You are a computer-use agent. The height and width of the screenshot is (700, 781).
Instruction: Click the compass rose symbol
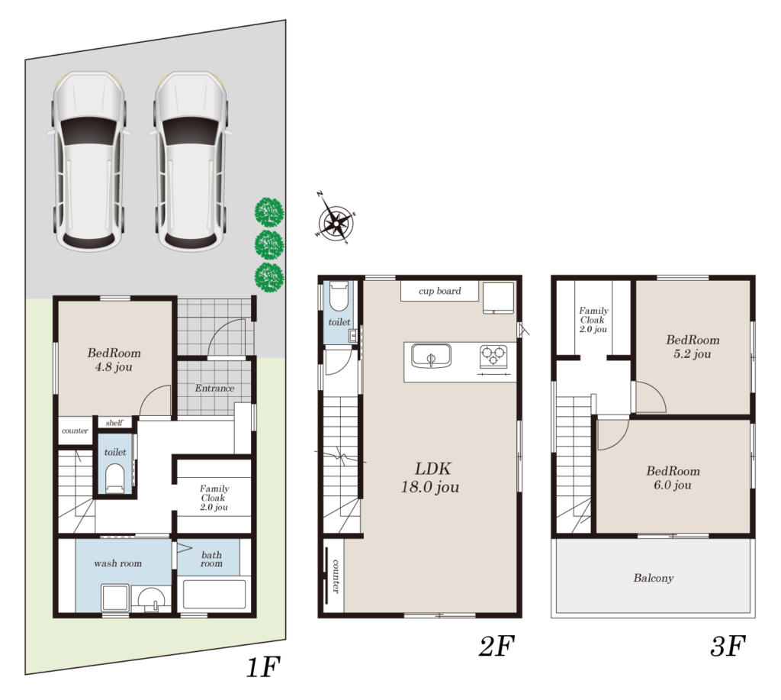pyautogui.click(x=336, y=218)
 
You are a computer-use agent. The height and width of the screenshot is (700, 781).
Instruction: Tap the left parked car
pyautogui.click(x=88, y=160)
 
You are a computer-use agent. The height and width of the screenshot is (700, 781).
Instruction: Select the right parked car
pyautogui.click(x=191, y=160)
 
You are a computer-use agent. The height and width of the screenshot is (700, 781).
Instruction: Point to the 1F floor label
pyautogui.click(x=263, y=666)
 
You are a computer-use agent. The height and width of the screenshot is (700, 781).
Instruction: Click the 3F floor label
pyautogui.click(x=727, y=646)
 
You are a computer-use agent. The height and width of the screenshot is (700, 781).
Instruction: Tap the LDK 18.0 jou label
pyautogui.click(x=430, y=478)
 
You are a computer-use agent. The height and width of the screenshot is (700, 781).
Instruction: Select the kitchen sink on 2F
pyautogui.click(x=432, y=356)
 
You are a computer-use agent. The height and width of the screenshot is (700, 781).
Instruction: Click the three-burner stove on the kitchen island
pyautogui.click(x=493, y=356)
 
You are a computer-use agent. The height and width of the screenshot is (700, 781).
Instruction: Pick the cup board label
pyautogui.click(x=440, y=291)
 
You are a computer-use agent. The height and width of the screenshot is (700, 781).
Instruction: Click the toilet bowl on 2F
pyautogui.click(x=339, y=295)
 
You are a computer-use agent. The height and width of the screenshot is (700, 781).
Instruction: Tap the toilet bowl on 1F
pyautogui.click(x=115, y=478)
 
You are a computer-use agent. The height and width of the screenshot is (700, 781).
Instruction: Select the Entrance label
pyautogui.click(x=214, y=388)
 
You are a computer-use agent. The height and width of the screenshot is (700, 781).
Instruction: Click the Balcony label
pyautogui.click(x=654, y=578)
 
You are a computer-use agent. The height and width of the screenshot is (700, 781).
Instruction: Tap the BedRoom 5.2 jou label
pyautogui.click(x=693, y=347)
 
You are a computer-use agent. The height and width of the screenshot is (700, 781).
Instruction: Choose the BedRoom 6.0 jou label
pyautogui.click(x=673, y=478)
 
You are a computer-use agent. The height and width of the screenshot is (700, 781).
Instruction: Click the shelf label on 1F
pyautogui.click(x=114, y=422)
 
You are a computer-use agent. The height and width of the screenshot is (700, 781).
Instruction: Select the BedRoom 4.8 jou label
pyautogui.click(x=114, y=360)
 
